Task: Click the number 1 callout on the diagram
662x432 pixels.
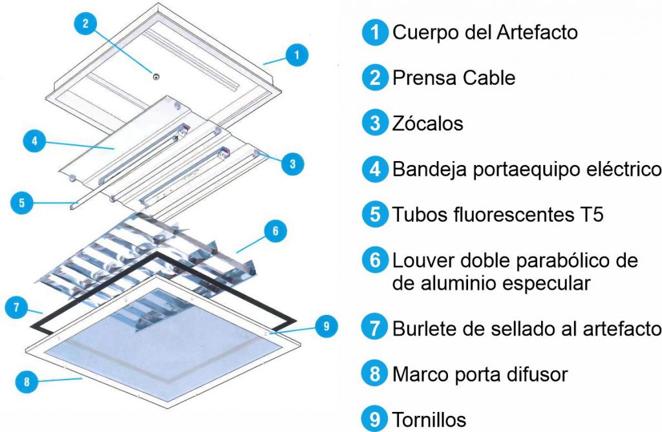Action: [296, 55]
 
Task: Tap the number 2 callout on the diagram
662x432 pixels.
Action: [85, 25]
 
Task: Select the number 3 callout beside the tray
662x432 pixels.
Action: [293, 164]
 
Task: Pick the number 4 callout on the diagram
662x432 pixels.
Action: [34, 142]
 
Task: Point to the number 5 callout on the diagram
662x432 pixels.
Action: [21, 202]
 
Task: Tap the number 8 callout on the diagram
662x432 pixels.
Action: [27, 382]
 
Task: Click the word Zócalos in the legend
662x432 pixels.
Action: [427, 124]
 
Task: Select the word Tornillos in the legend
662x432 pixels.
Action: [429, 420]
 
